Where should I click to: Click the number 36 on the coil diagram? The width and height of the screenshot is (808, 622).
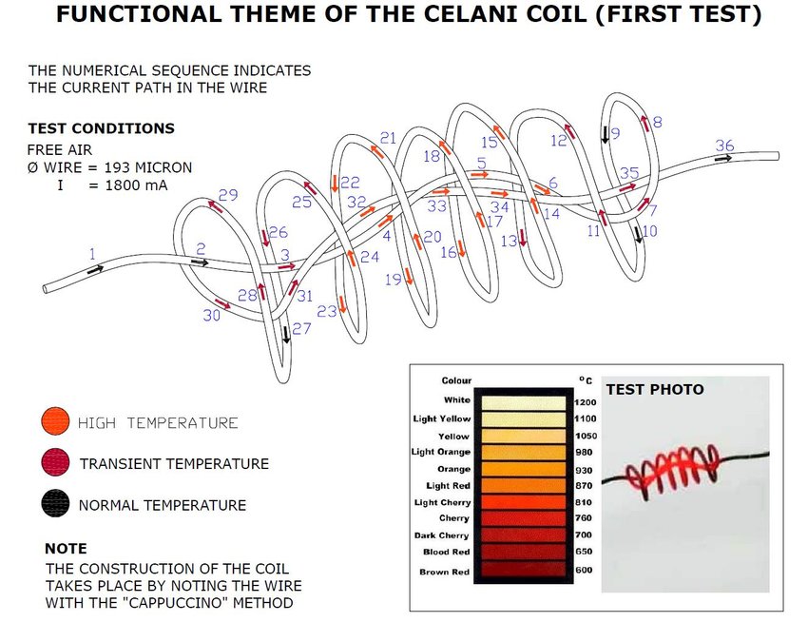pyautogui.click(x=724, y=146)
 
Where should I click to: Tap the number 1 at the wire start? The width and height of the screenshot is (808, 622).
pyautogui.click(x=92, y=254)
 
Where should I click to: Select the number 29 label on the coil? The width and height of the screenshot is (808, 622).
pyautogui.click(x=227, y=195)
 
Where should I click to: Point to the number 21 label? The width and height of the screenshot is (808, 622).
pyautogui.click(x=388, y=138)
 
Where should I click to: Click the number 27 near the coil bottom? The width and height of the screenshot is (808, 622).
pyautogui.click(x=301, y=329)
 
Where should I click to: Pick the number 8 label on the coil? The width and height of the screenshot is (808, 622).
pyautogui.click(x=657, y=123)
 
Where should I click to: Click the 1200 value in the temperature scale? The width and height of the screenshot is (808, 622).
pyautogui.click(x=586, y=400)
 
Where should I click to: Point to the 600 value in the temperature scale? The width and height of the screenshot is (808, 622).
pyautogui.click(x=585, y=571)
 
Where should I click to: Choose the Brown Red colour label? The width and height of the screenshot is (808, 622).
pyautogui.click(x=445, y=572)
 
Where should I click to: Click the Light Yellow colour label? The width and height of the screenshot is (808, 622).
pyautogui.click(x=442, y=418)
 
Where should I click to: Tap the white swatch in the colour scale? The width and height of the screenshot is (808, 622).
pyautogui.click(x=523, y=401)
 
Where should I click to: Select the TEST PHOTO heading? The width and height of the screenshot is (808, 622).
pyautogui.click(x=655, y=389)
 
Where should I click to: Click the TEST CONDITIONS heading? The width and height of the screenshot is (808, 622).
pyautogui.click(x=101, y=128)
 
